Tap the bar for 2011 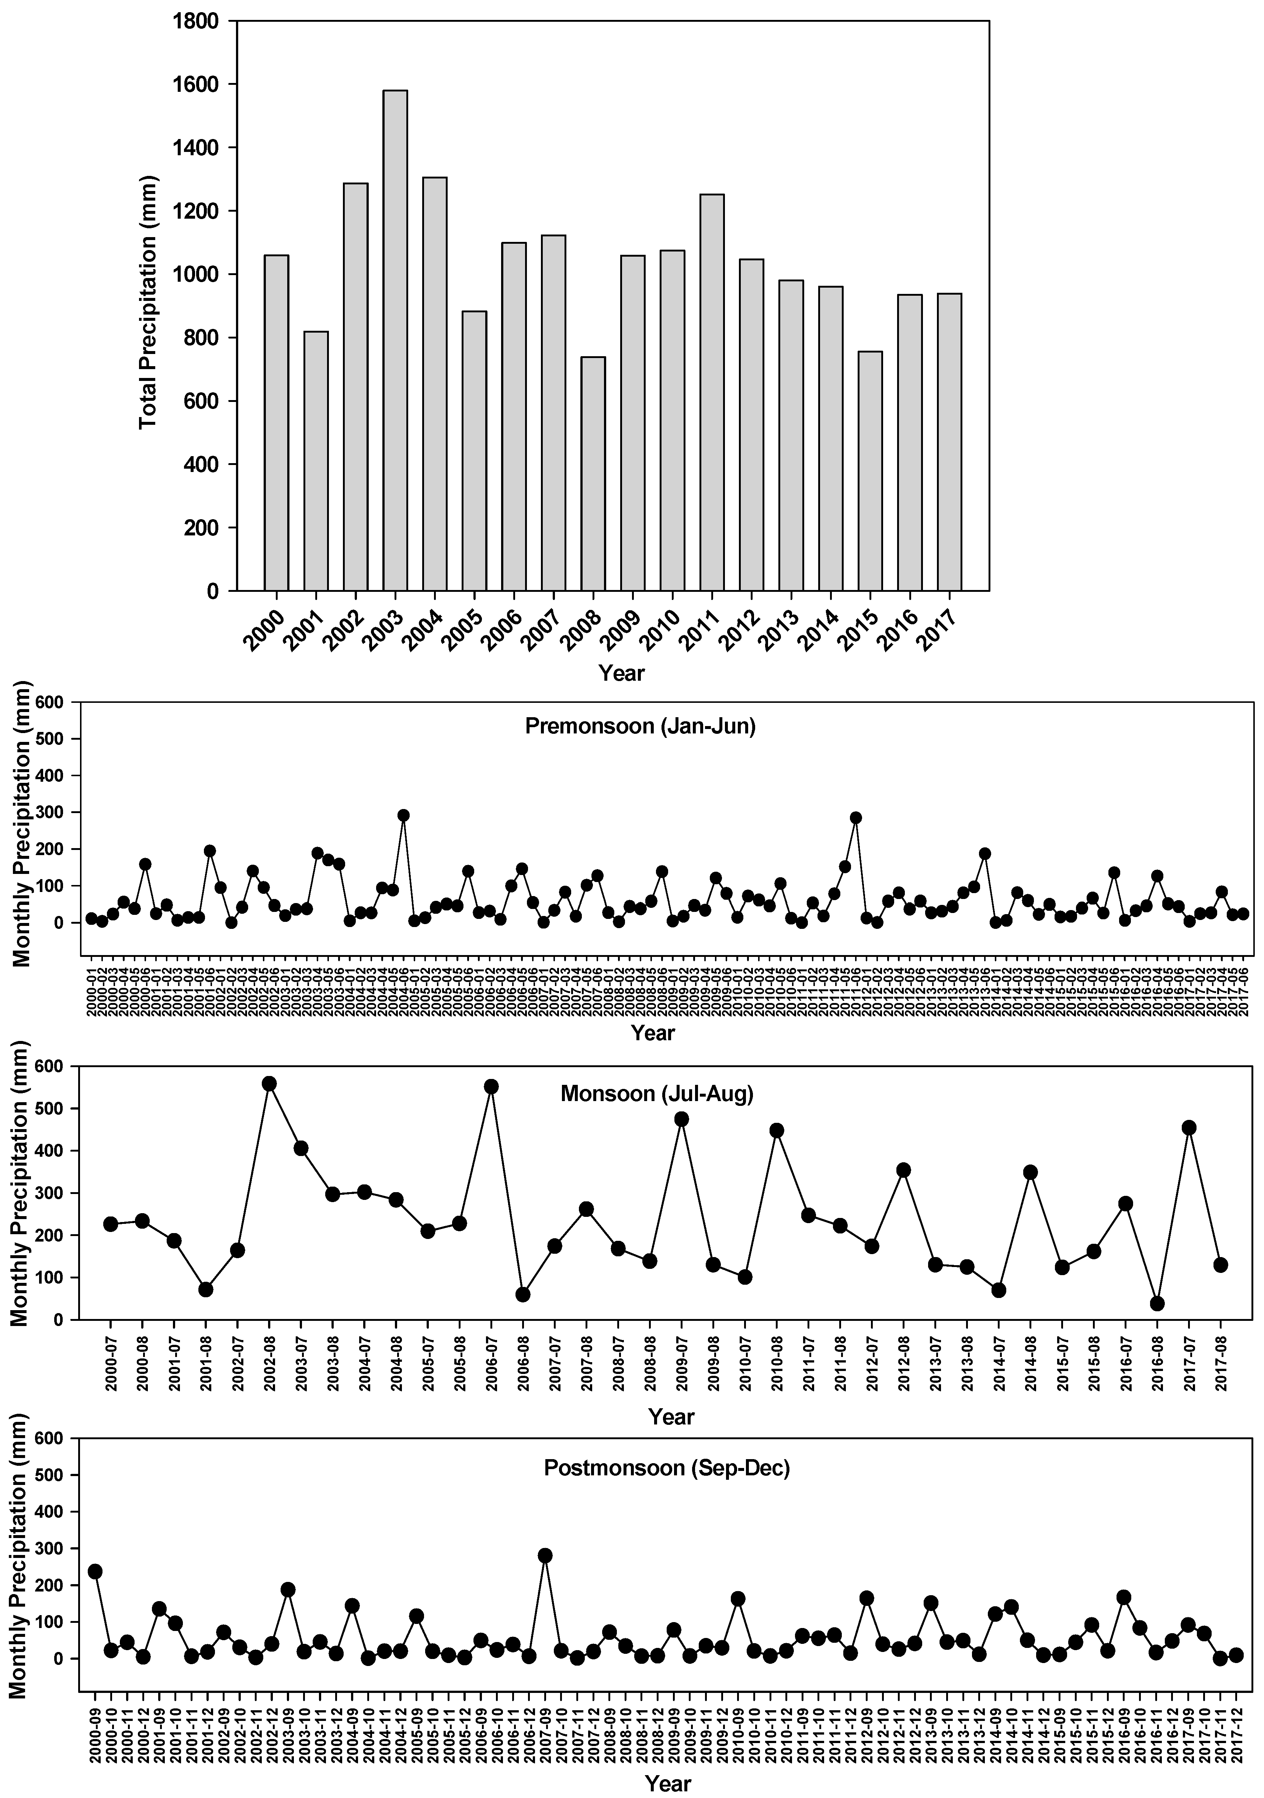click(712, 392)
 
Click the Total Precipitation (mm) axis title click(148, 302)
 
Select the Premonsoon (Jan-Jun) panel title click(640, 726)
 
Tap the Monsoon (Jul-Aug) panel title click(656, 1093)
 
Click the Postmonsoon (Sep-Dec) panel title click(666, 1467)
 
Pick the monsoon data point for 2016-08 click(1157, 1303)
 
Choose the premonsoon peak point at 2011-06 click(855, 818)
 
